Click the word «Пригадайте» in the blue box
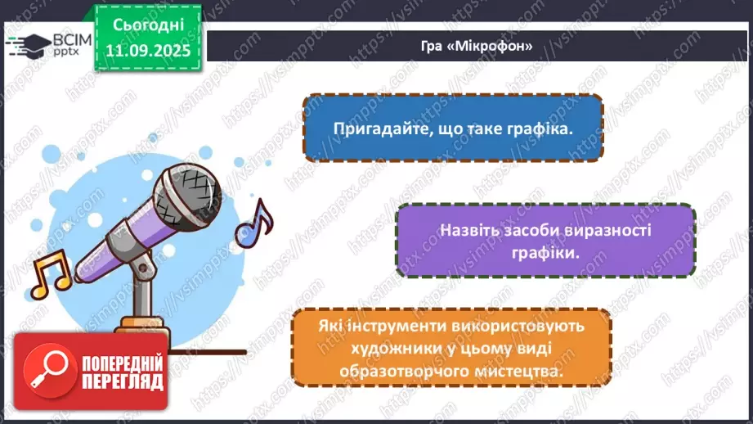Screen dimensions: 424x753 pyautogui.click(x=379, y=129)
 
